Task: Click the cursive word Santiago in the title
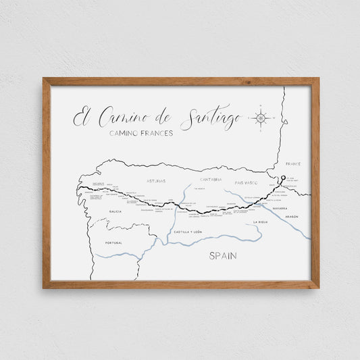click(x=211, y=119)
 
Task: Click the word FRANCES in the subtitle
click(x=155, y=133)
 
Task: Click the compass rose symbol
click(x=261, y=118)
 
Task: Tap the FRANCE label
click(x=293, y=163)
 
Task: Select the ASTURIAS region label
click(x=156, y=181)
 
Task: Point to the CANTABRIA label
click(x=211, y=180)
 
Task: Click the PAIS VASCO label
click(x=247, y=182)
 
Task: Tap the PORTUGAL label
click(x=113, y=242)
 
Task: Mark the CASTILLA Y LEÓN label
click(x=187, y=232)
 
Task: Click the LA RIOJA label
click(x=261, y=222)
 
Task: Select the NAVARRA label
click(x=280, y=208)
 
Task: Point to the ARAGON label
click(x=292, y=216)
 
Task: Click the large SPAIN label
click(x=224, y=256)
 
